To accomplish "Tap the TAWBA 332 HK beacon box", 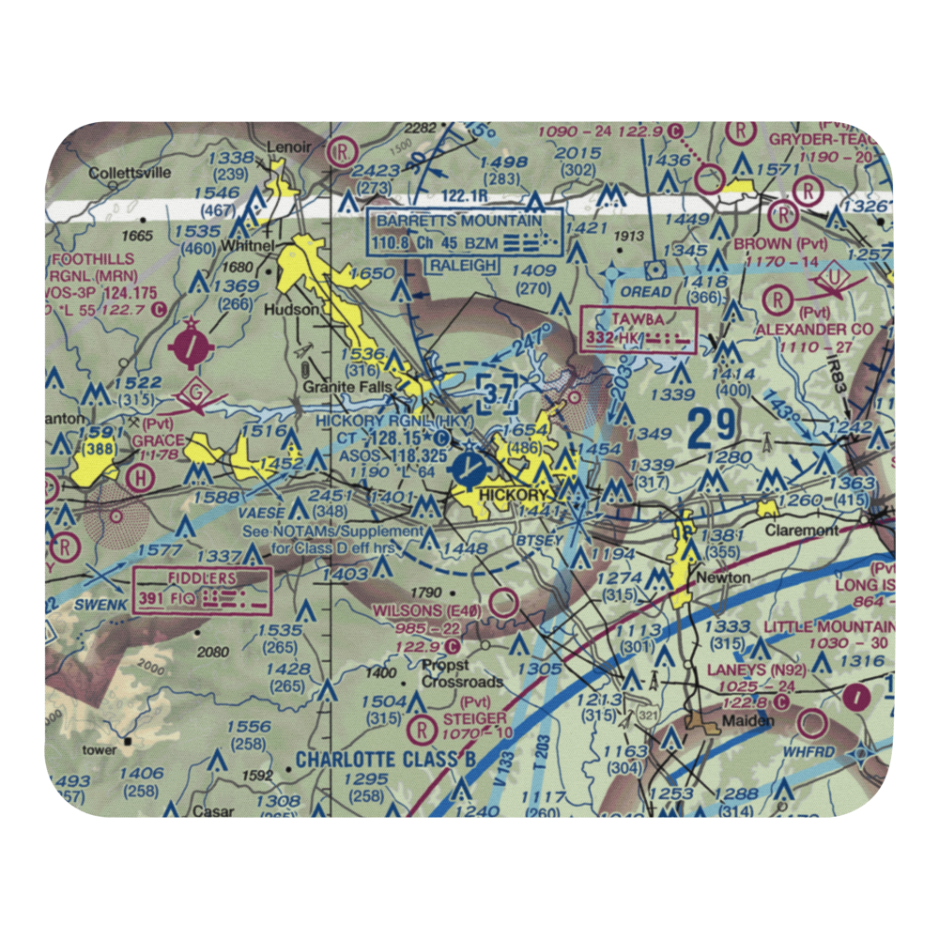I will [639, 330].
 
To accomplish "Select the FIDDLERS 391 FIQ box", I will [203, 590].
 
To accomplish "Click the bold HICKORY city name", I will [513, 495].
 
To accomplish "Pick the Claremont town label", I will [801, 530].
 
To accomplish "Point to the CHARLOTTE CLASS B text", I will [378, 758].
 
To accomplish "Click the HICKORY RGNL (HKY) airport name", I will [393, 422].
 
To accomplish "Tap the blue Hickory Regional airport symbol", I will [468, 467].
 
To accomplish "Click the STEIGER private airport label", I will [474, 718].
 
